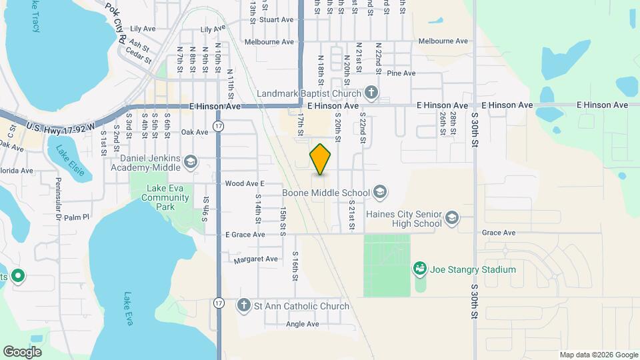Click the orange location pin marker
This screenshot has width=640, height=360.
tap(321, 159)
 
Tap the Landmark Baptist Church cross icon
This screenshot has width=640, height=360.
tap(371, 93)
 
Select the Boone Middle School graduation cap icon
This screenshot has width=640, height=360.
tap(379, 193)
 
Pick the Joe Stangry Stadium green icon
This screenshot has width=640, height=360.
tap(419, 269)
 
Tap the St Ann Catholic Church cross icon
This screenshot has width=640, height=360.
tap(244, 306)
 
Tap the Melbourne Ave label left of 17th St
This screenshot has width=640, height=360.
tap(269, 42)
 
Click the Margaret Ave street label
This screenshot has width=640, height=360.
tap(256, 259)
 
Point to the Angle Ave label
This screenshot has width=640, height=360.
tap(302, 325)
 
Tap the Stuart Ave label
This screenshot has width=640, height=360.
tap(277, 20)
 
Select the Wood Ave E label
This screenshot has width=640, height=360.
tap(245, 183)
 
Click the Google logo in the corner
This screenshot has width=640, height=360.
tap(22, 352)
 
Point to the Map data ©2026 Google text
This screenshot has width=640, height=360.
tap(598, 355)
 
